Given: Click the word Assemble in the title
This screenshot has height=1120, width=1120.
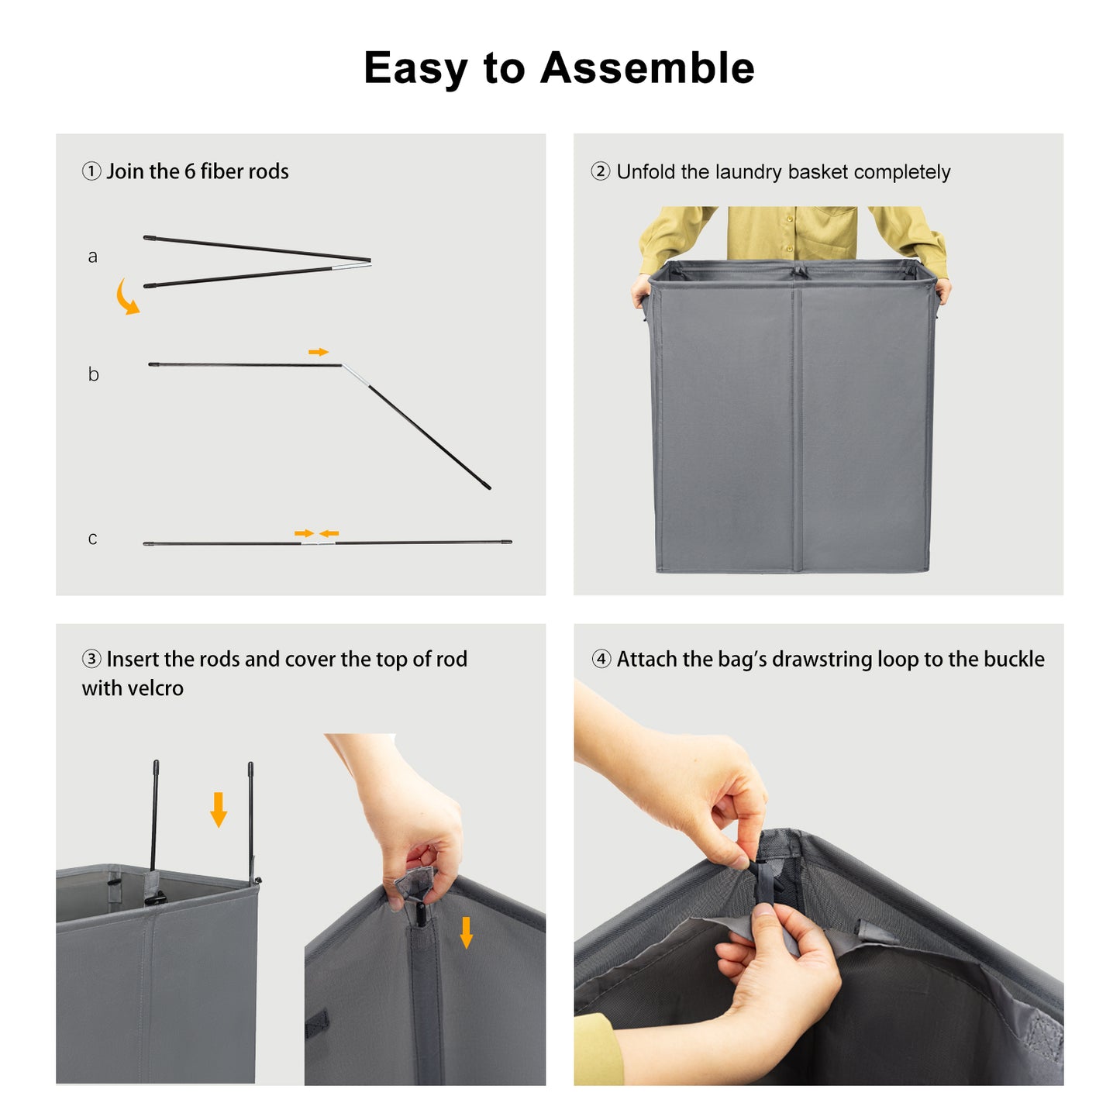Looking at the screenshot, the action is [647, 67].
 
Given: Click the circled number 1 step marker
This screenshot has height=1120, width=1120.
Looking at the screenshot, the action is [91, 171].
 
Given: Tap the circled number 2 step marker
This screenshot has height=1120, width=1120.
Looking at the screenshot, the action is [601, 171].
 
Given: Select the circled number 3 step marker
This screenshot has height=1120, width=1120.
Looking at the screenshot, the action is [91, 659].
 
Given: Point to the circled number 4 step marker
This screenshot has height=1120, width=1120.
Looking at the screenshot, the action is [601, 659].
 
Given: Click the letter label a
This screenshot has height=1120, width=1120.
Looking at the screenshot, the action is [92, 257].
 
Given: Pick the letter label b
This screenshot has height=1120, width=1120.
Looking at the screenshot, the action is [93, 374].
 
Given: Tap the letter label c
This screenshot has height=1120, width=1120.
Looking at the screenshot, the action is [92, 538].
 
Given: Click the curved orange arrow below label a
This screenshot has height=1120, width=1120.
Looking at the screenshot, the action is [126, 298].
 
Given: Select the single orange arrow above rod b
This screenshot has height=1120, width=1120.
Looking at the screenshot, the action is [319, 352].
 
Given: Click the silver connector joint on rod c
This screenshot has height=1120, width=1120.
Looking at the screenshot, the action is [319, 543].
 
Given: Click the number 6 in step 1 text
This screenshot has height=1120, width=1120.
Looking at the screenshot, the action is [189, 171].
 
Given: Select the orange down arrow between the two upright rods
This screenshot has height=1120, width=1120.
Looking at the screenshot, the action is [219, 810].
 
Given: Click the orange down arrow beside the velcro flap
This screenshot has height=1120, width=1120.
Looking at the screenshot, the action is [466, 932].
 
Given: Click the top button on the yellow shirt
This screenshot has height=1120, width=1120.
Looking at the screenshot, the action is [790, 219].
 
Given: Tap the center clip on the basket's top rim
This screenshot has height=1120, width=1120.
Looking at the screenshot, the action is [800, 271].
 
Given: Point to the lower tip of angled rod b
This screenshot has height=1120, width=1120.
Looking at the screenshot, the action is [490, 488].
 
